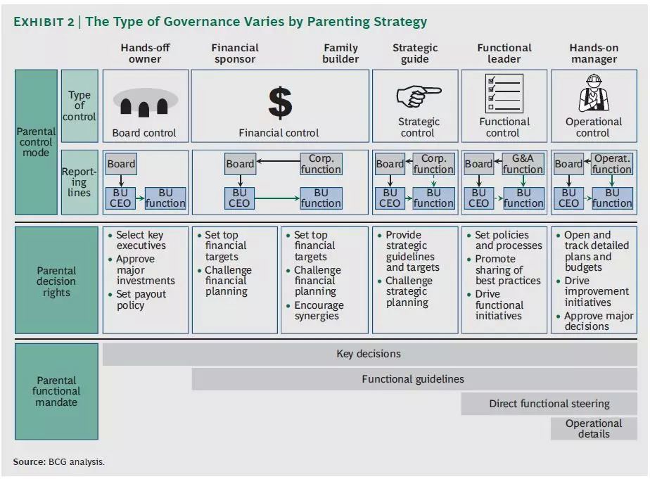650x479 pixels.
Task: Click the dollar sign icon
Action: (x=279, y=102)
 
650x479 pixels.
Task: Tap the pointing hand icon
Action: (x=418, y=96)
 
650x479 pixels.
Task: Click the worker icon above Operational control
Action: (x=593, y=94)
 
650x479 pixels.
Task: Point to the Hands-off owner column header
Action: (x=145, y=53)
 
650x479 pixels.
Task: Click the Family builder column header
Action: (x=340, y=53)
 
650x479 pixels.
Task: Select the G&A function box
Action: (x=523, y=164)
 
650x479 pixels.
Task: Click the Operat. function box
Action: (x=611, y=164)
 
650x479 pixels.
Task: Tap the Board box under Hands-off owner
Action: (x=121, y=164)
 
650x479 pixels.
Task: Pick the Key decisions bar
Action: (x=368, y=354)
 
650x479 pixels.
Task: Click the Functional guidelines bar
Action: (x=413, y=379)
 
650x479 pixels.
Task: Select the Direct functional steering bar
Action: (x=549, y=404)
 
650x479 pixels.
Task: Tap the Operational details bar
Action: (x=593, y=428)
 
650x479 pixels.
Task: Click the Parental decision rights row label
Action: (x=56, y=281)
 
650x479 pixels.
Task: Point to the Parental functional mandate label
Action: (x=56, y=391)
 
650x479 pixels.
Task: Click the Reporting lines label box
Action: (x=79, y=181)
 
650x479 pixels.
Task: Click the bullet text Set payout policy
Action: (x=141, y=300)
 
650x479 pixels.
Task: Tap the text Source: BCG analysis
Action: (x=58, y=461)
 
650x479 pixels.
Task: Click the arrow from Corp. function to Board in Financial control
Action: (x=277, y=161)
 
